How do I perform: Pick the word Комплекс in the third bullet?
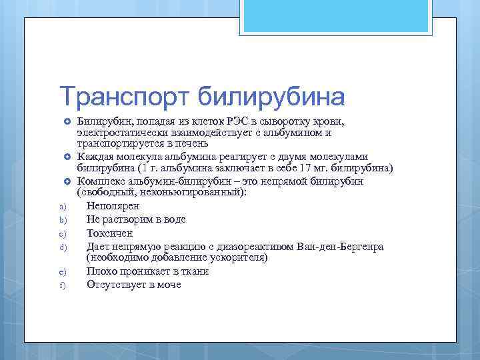pyautogui.click(x=99, y=181)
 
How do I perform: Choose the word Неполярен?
pyautogui.click(x=111, y=206)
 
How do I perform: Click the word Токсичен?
pyautogui.click(x=109, y=233)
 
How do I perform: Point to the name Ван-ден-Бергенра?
pyautogui.click(x=341, y=247)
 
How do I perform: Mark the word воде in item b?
pyautogui.click(x=175, y=219)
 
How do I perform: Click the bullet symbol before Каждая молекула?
pyautogui.click(x=67, y=157)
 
